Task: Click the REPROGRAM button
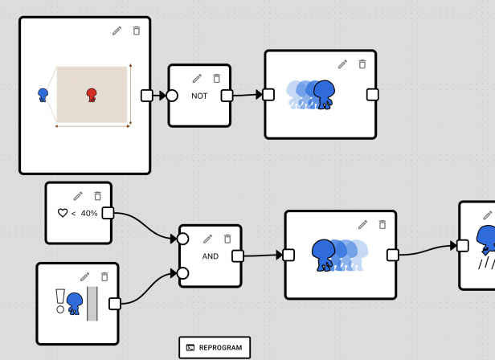pyautogui.click(x=215, y=347)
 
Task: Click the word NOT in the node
pyautogui.click(x=199, y=96)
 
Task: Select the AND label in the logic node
pyautogui.click(x=211, y=256)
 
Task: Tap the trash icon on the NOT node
pyautogui.click(x=217, y=78)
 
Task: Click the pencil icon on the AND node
pyautogui.click(x=207, y=239)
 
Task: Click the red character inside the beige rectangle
pyautogui.click(x=92, y=95)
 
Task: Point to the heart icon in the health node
pyautogui.click(x=63, y=213)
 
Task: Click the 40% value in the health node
pyautogui.click(x=89, y=214)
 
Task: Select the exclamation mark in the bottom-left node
pyautogui.click(x=60, y=301)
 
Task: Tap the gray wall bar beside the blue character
pyautogui.click(x=92, y=304)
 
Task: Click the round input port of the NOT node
pyautogui.click(x=172, y=96)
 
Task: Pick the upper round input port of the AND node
pyautogui.click(x=182, y=239)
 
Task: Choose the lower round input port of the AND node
pyautogui.click(x=182, y=273)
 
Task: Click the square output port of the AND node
pyautogui.click(x=238, y=256)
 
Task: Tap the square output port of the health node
pyautogui.click(x=108, y=213)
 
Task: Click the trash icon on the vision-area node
pyautogui.click(x=137, y=31)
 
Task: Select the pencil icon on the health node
pyautogui.click(x=78, y=196)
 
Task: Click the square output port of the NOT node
pyautogui.click(x=227, y=96)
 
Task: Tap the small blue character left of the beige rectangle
pyautogui.click(x=43, y=95)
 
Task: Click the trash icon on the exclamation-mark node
pyautogui.click(x=104, y=276)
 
